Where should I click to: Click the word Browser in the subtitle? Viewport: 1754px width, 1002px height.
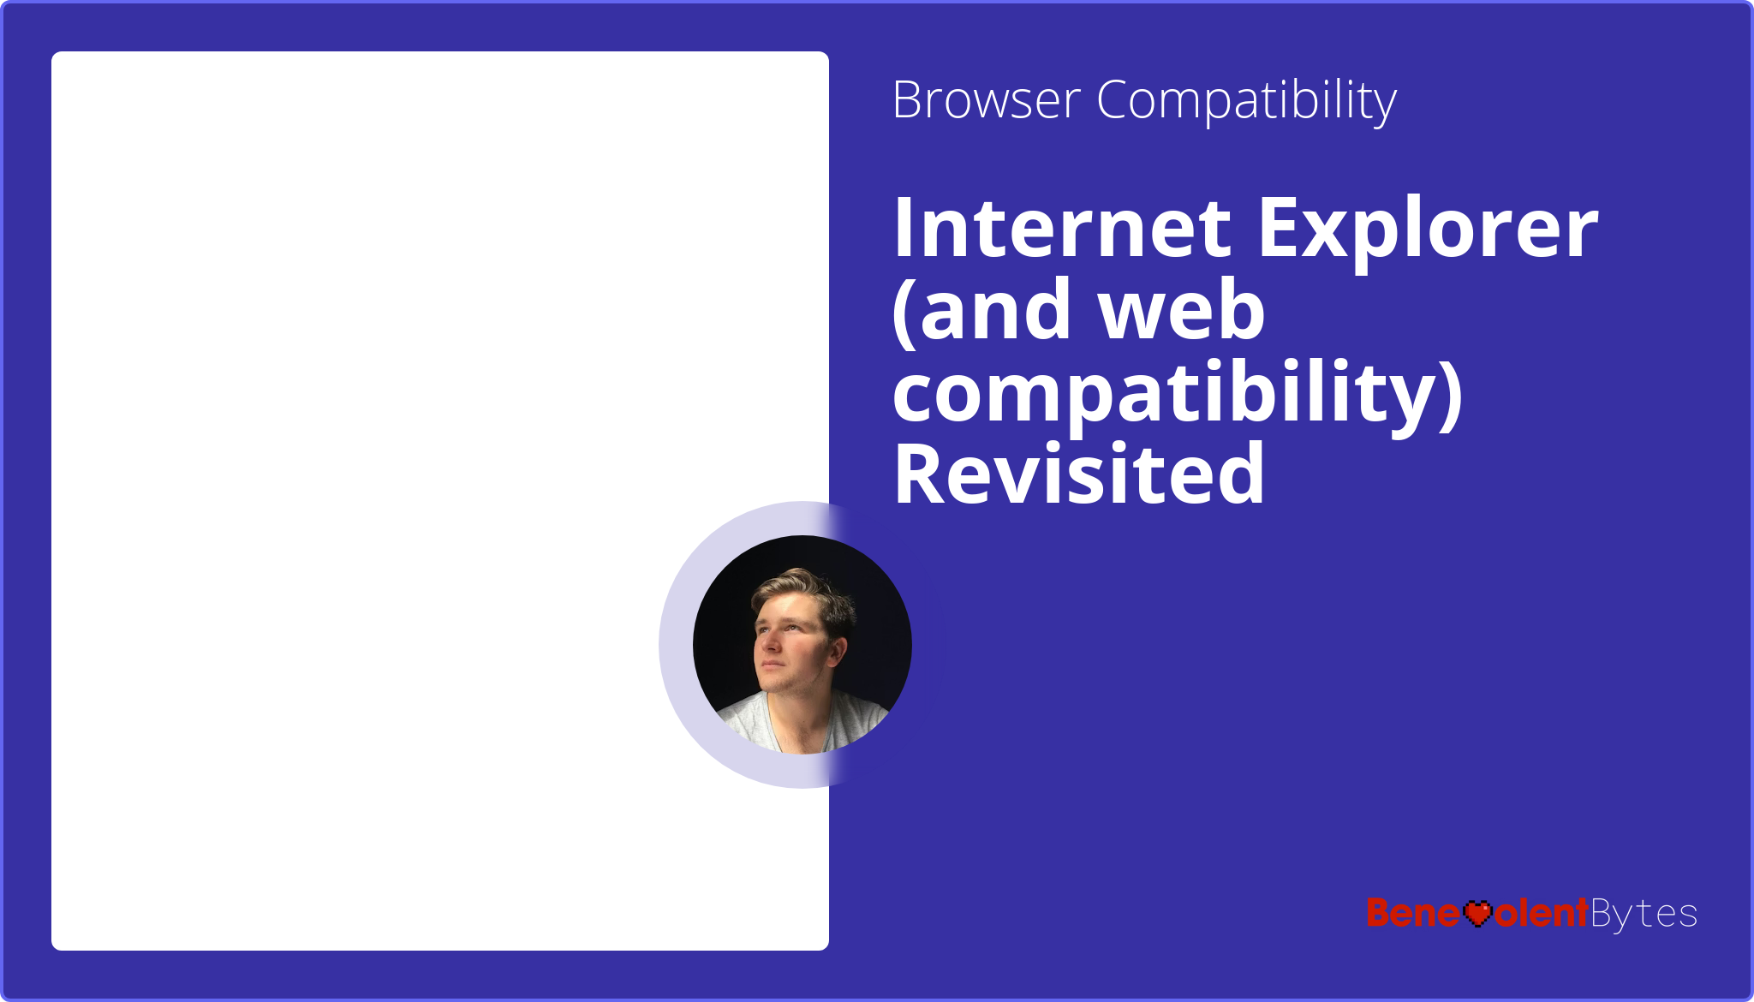coord(986,100)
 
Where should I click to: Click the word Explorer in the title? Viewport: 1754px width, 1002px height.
coord(1428,230)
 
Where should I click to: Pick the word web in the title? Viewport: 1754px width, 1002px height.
coord(1182,310)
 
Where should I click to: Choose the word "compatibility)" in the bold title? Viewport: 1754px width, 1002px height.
coord(1178,393)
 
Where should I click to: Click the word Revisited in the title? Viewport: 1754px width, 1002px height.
coord(1079,474)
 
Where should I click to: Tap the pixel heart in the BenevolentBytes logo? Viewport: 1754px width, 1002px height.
coord(1477,913)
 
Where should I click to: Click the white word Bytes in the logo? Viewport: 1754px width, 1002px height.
coord(1644,914)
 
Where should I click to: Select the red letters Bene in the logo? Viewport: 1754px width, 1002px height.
coord(1413,913)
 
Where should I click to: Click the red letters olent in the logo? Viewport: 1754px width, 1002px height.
coord(1542,913)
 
